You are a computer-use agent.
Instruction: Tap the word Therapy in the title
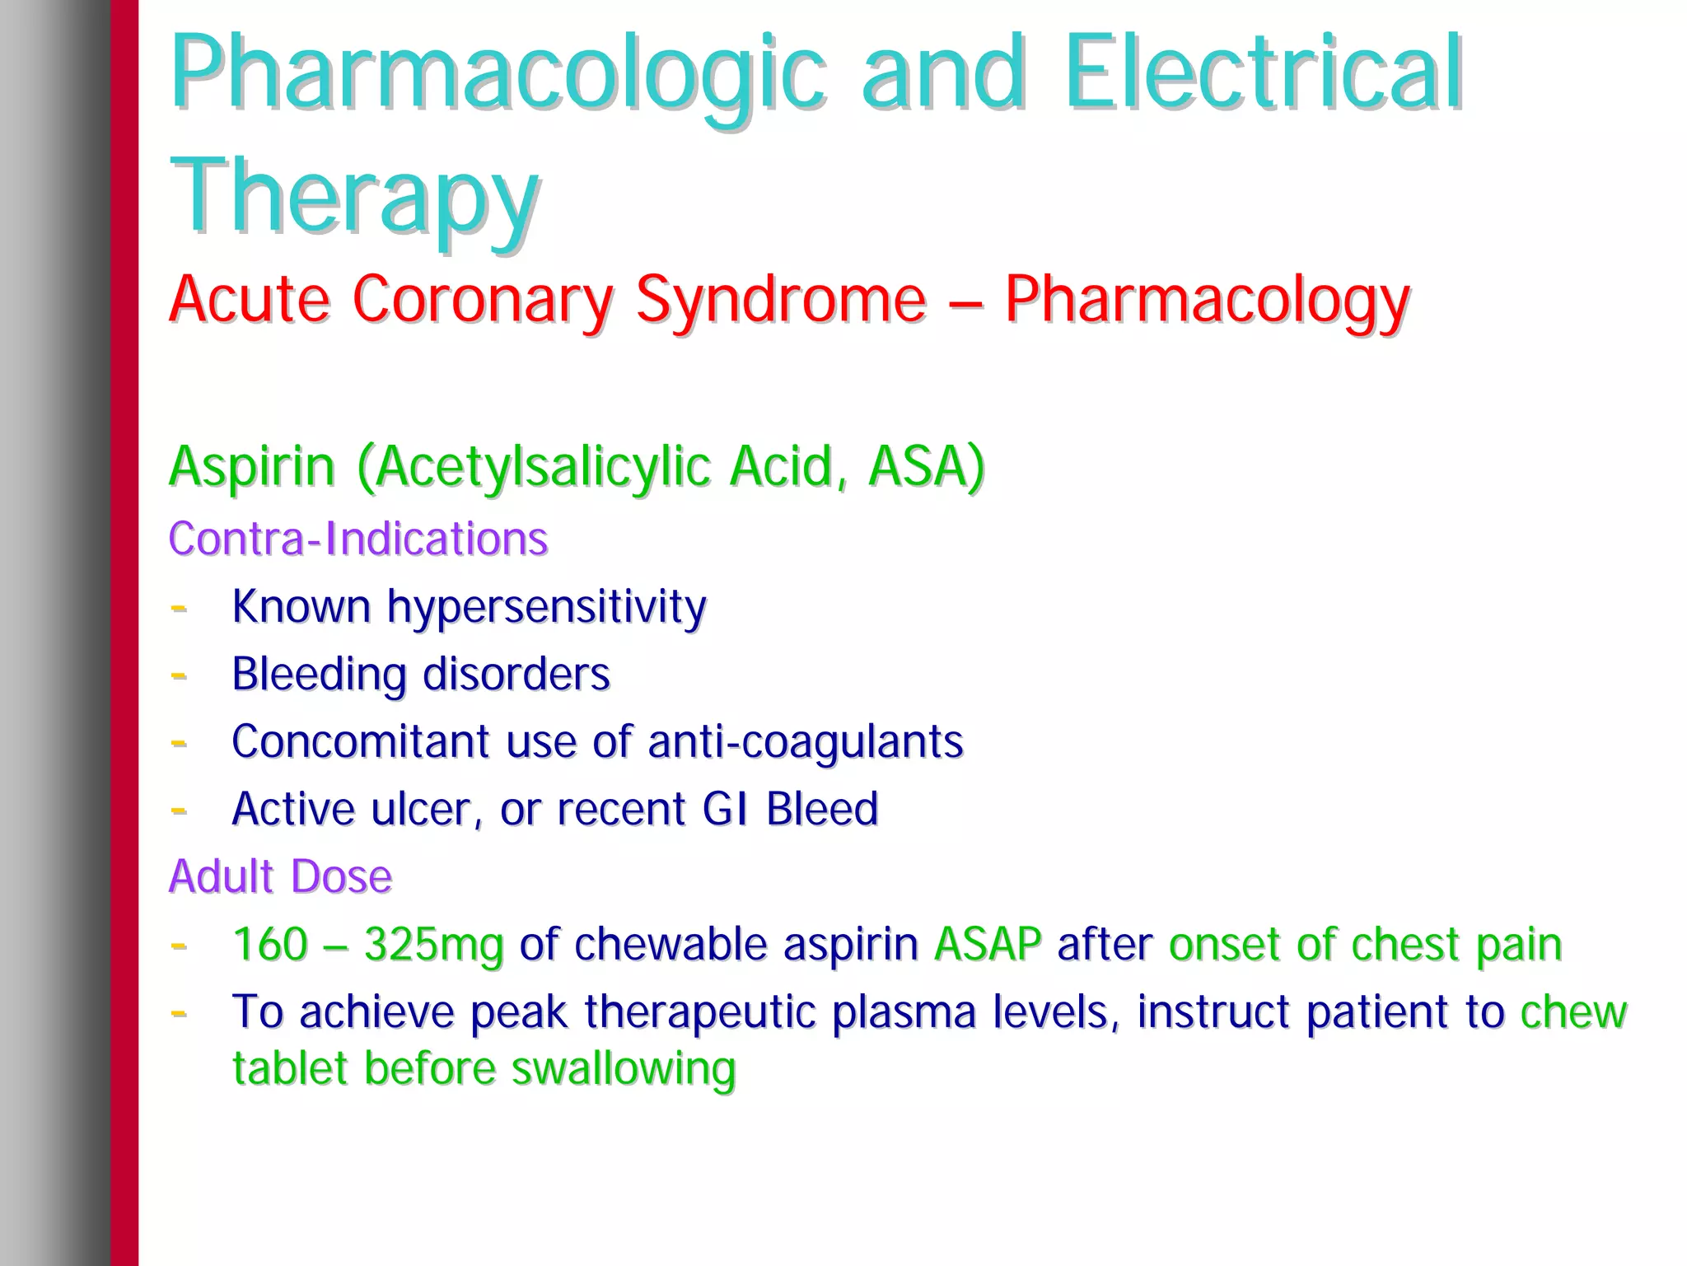pyautogui.click(x=354, y=198)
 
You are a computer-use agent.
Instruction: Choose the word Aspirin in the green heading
pyautogui.click(x=252, y=466)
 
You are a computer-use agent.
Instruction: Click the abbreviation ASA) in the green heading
pyautogui.click(x=926, y=466)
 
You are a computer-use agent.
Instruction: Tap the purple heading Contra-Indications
pyautogui.click(x=358, y=539)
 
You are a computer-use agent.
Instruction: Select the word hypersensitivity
pyautogui.click(x=546, y=608)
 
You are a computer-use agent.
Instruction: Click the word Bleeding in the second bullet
pyautogui.click(x=319, y=674)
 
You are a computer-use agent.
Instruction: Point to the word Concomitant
pyautogui.click(x=361, y=741)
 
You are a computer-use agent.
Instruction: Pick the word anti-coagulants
pyautogui.click(x=805, y=741)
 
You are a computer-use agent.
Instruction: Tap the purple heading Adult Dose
pyautogui.click(x=280, y=876)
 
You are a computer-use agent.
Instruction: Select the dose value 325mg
pyautogui.click(x=433, y=944)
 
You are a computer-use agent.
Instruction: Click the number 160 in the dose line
pyautogui.click(x=270, y=944)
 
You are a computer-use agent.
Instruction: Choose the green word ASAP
pyautogui.click(x=988, y=944)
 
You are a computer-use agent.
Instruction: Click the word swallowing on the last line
pyautogui.click(x=623, y=1069)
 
